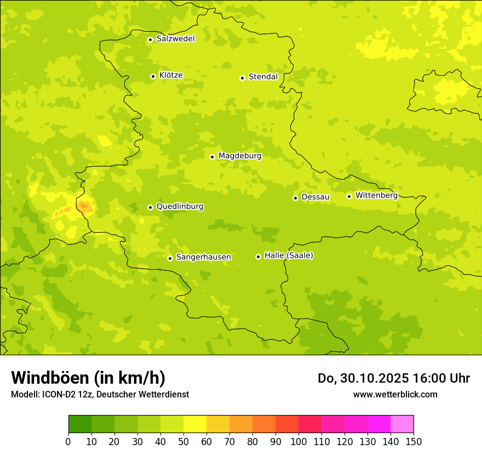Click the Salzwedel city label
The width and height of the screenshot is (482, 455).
(x=175, y=39)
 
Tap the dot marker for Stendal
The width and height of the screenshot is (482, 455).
(x=242, y=78)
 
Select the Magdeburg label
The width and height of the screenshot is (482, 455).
(x=240, y=156)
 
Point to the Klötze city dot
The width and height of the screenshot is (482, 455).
(x=153, y=76)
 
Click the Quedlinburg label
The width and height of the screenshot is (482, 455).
(x=180, y=207)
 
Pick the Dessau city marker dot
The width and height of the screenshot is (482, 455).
(x=295, y=198)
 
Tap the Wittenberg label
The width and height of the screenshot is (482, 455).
(x=376, y=196)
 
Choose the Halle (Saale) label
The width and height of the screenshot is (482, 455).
(x=289, y=256)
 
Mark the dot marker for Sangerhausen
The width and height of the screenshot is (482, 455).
(x=170, y=258)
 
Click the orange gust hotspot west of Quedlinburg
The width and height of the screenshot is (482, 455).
(x=84, y=206)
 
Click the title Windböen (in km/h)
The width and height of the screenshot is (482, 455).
(x=88, y=378)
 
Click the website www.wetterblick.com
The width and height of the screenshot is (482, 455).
(x=395, y=394)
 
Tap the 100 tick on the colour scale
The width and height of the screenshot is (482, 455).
(x=299, y=442)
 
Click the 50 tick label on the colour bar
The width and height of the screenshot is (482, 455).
(x=183, y=442)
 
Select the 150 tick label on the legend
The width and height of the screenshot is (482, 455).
(x=414, y=442)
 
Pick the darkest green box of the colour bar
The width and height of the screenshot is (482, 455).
(x=79, y=424)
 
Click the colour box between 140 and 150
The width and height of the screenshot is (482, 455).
(x=402, y=424)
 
